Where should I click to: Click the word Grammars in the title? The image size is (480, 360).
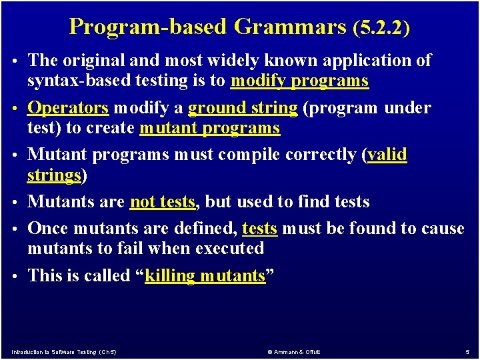pos(290,27)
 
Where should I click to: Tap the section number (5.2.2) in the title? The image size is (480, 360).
pos(381,28)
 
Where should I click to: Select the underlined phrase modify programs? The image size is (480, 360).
pos(299,81)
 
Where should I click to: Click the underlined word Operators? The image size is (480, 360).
pos(67,108)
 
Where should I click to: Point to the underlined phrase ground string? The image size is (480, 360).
pos(243,109)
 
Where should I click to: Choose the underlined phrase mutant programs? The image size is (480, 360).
pos(210,129)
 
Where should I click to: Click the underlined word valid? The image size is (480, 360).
pos(387,154)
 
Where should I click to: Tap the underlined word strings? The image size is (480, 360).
pos(54,176)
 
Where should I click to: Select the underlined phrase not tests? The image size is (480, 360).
pos(163,202)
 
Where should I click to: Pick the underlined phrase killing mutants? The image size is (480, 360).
pos(205,275)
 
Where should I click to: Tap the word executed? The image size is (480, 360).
pos(229,248)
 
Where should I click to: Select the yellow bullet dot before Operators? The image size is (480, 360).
pos(15,109)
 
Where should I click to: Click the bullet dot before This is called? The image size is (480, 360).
pos(15,276)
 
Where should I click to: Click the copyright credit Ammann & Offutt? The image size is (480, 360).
pos(294,352)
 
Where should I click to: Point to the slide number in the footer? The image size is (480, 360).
pos(467,353)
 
